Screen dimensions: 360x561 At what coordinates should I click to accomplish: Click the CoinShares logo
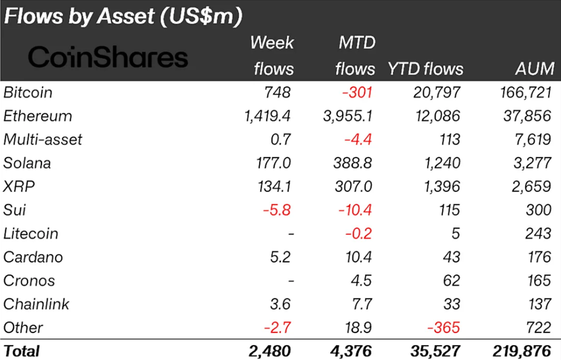click(x=108, y=57)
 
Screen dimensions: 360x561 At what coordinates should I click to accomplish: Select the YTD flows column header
click(x=425, y=69)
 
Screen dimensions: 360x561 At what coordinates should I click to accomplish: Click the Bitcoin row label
click(x=28, y=92)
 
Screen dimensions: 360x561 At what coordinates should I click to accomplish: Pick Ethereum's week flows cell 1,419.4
click(x=267, y=116)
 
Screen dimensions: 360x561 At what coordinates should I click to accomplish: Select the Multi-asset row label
click(x=43, y=139)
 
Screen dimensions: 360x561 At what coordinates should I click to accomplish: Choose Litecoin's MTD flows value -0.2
click(x=358, y=233)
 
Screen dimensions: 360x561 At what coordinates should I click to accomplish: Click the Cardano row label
click(x=33, y=257)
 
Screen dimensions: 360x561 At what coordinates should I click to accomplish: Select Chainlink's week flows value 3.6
click(x=280, y=304)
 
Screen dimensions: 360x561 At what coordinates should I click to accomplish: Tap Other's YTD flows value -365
click(x=444, y=328)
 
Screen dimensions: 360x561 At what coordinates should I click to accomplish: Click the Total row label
click(x=22, y=351)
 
